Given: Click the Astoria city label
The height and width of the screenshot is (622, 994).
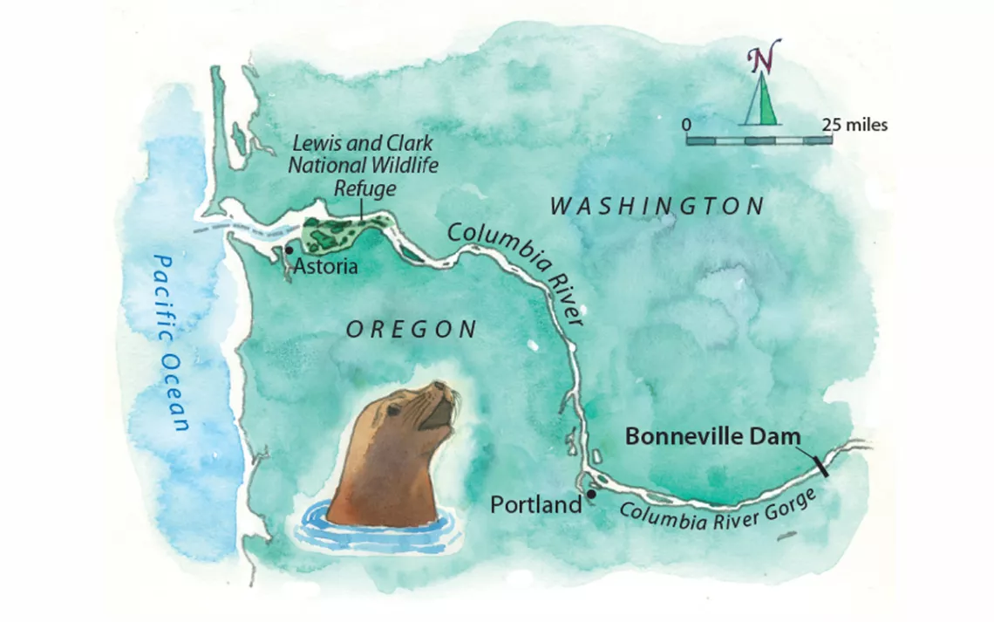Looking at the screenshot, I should [326, 265].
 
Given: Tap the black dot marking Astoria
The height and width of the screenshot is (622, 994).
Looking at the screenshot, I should [289, 250].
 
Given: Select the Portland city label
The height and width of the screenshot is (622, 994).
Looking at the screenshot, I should [535, 504].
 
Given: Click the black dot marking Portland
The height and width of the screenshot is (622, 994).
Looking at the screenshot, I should [591, 495].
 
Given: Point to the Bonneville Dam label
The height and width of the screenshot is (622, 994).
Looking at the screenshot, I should [712, 436].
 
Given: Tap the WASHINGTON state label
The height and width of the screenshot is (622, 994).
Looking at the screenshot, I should [657, 207].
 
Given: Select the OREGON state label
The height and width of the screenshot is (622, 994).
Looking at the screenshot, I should [412, 329].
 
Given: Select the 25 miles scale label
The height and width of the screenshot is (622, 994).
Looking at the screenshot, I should [854, 125].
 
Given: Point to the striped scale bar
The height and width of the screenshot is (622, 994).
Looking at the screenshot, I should [759, 140].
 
